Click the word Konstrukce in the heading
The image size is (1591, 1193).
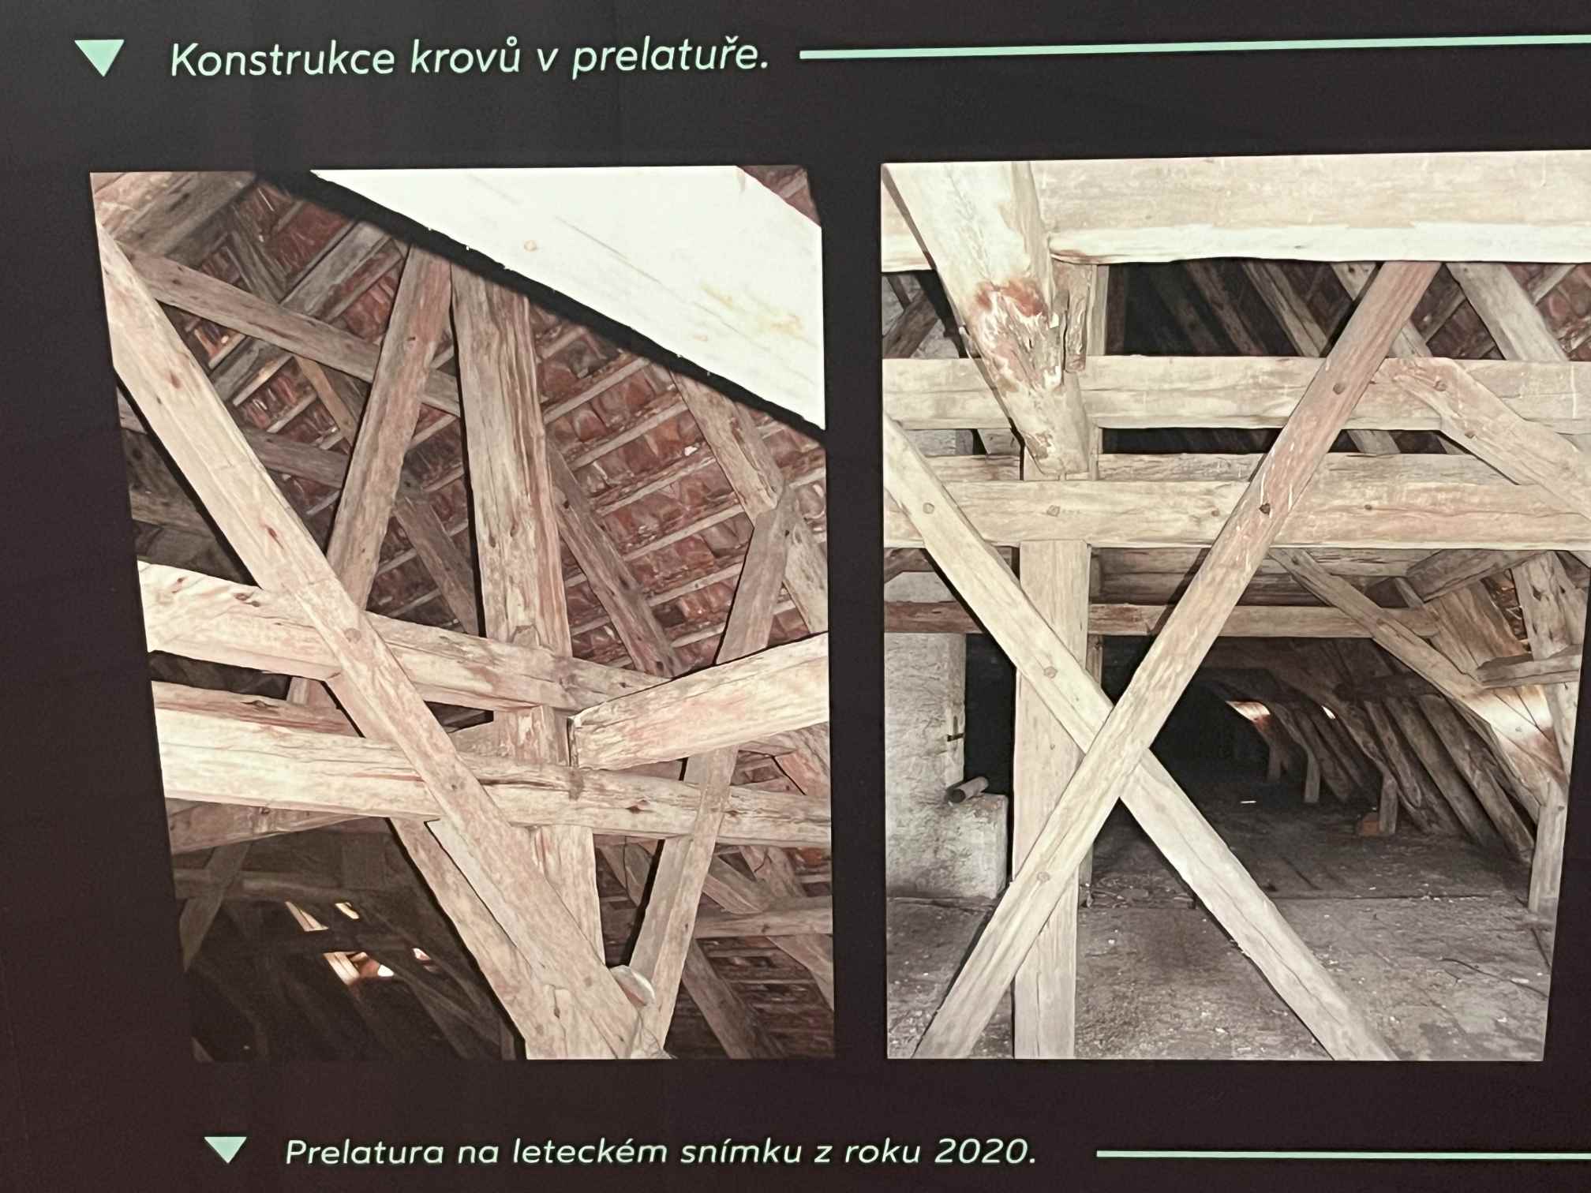pyautogui.click(x=283, y=61)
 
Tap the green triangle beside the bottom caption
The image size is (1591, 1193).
pyautogui.click(x=225, y=1149)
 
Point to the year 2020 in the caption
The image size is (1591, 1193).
pyautogui.click(x=985, y=1152)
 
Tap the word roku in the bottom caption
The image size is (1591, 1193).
pyautogui.click(x=880, y=1153)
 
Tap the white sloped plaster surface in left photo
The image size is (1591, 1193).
pyautogui.click(x=600, y=268)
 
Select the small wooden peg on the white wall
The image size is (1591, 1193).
pyautogui.click(x=968, y=787)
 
